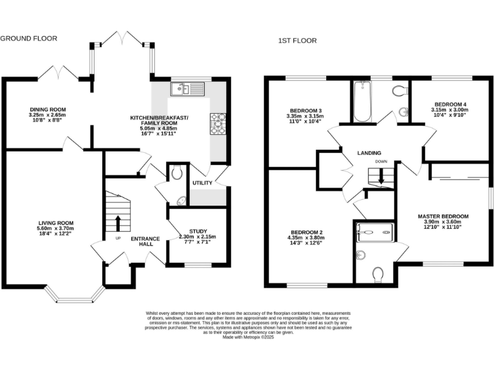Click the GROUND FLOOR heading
pyautogui.click(x=28, y=39)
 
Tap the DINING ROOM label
pyautogui.click(x=48, y=110)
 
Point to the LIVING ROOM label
pyautogui.click(x=55, y=224)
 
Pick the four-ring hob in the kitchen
pyautogui.click(x=217, y=123)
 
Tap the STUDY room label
pyautogui.click(x=197, y=231)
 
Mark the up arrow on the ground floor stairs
pyautogui.click(x=118, y=222)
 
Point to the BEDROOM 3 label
pyautogui.click(x=304, y=110)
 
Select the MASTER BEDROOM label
pyautogui.click(x=443, y=216)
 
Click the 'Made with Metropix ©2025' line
pyautogui.click(x=247, y=337)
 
